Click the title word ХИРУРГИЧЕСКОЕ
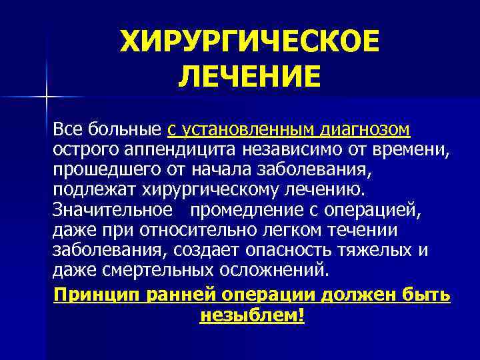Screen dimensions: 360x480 pyautogui.click(x=249, y=43)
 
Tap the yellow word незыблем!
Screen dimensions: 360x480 pyautogui.click(x=251, y=315)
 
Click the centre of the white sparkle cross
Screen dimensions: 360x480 pyautogui.click(x=47, y=97)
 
